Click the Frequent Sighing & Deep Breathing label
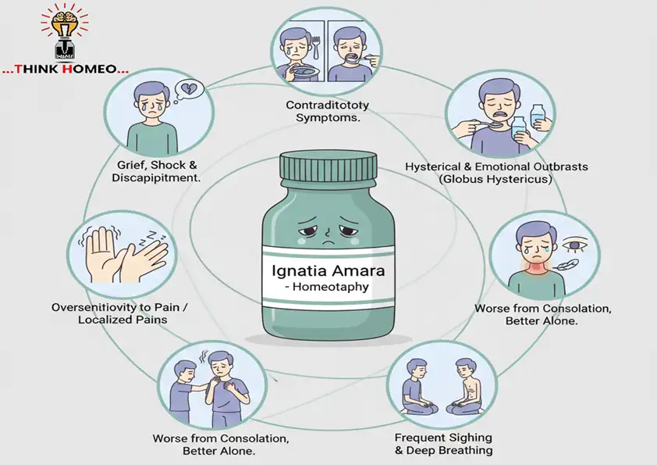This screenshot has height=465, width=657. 443,443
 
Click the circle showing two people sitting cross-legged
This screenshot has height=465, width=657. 432,382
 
